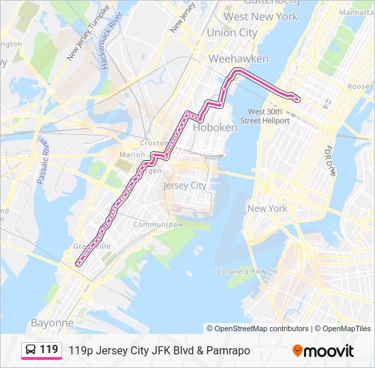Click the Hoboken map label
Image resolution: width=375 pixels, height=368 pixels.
click(x=215, y=127)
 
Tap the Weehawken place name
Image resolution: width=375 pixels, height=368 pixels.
click(x=238, y=59)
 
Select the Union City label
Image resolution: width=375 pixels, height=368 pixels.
click(x=232, y=33)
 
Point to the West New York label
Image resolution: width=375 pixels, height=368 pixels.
click(x=261, y=17)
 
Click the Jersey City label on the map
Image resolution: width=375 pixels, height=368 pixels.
click(x=184, y=185)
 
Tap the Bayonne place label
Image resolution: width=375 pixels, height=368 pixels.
click(x=52, y=322)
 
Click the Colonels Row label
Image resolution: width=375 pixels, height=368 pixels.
click(x=241, y=271)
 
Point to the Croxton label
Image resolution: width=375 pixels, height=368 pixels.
click(x=152, y=144)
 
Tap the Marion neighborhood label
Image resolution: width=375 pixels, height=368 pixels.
click(x=132, y=155)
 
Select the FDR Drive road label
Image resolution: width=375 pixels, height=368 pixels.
click(x=331, y=160)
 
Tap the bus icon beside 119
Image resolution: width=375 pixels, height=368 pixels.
click(x=31, y=350)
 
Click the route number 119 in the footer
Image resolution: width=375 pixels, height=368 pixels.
click(x=49, y=350)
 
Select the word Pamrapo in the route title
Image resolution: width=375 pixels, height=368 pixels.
click(x=227, y=350)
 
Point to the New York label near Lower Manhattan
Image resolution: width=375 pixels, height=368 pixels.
click(x=267, y=209)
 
